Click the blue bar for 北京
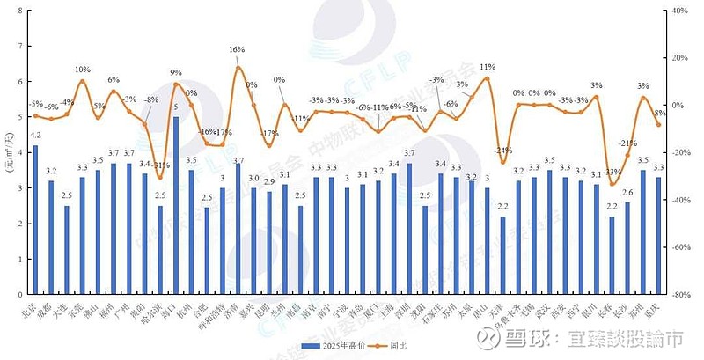[35, 220]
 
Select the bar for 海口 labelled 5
[176, 206]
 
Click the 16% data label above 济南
[237, 50]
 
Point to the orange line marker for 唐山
[488, 78]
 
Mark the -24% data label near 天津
[503, 150]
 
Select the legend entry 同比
[396, 345]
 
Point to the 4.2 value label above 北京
[35, 135]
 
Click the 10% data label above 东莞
[82, 70]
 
